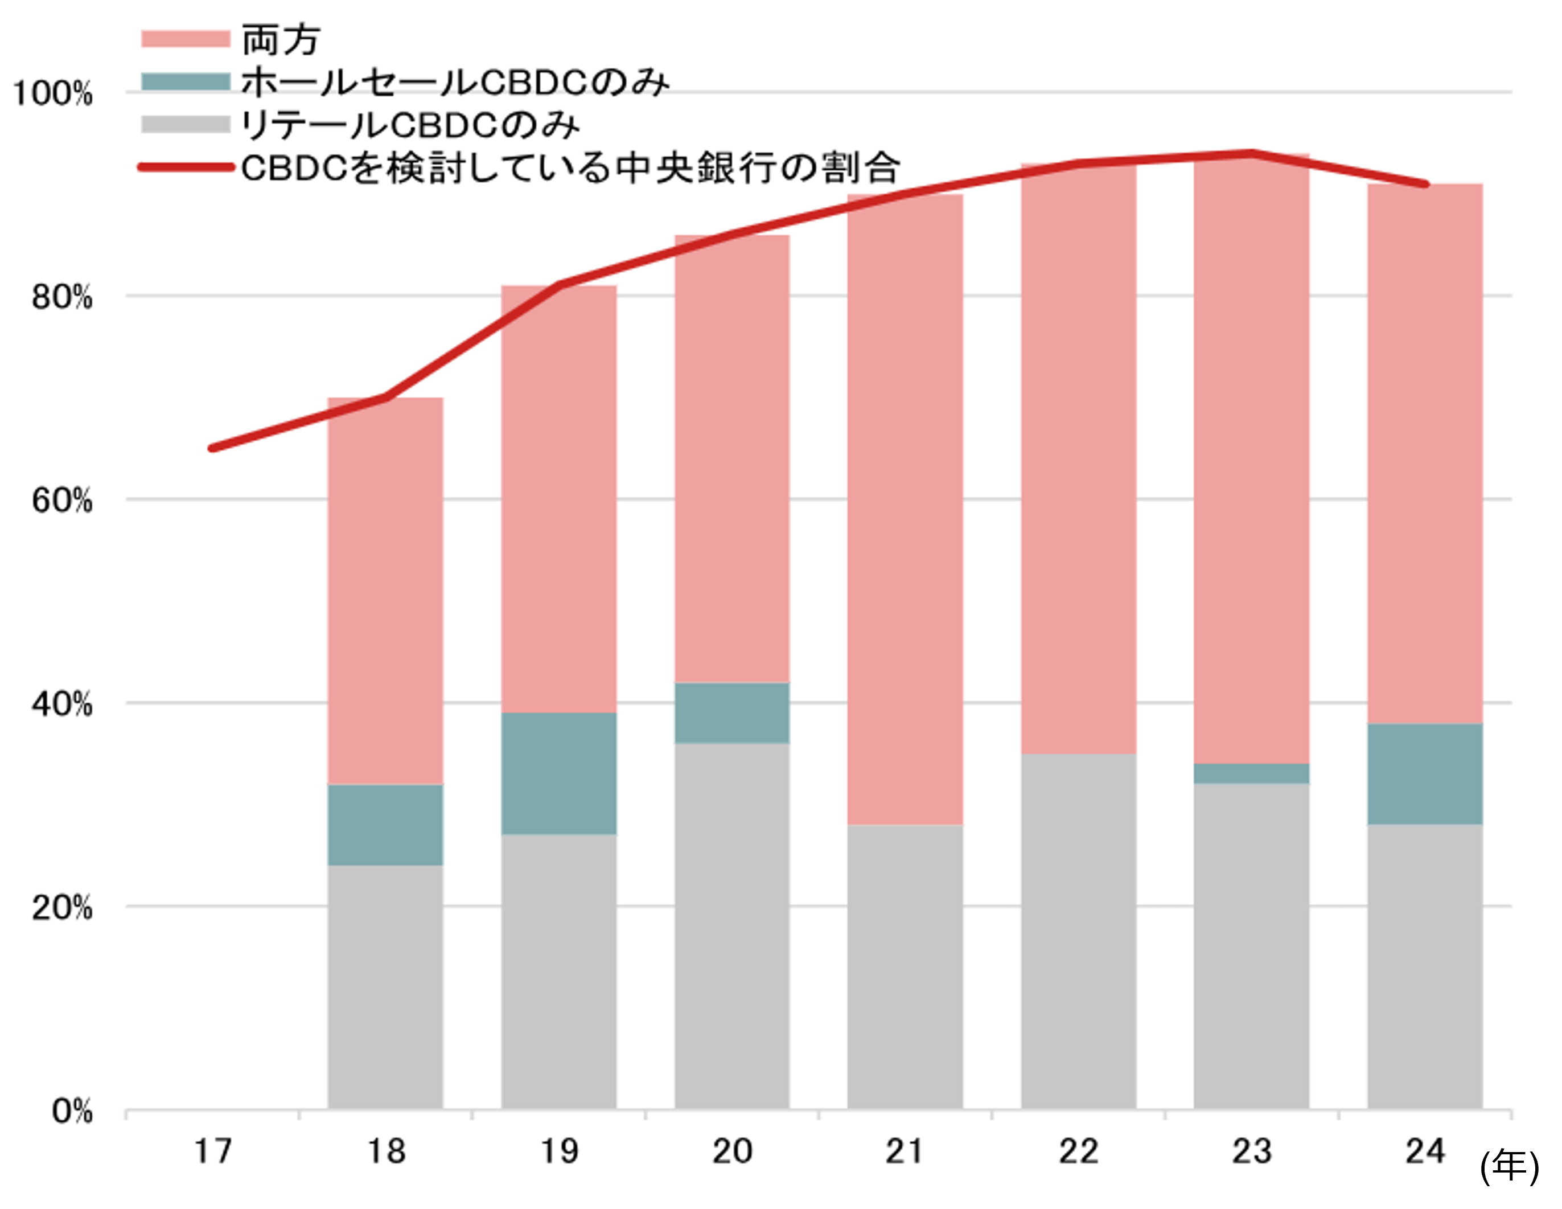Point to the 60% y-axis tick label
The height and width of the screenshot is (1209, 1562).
point(62,501)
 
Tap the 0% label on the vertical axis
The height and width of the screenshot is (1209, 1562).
point(72,1112)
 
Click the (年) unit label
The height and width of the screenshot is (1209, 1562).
point(1509,1167)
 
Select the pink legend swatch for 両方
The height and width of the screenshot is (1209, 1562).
point(185,39)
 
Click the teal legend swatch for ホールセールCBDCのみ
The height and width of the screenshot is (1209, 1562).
point(185,81)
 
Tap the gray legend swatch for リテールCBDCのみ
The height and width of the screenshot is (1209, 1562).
point(185,125)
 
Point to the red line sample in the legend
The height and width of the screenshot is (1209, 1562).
point(185,168)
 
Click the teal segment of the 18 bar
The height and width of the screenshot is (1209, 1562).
point(385,825)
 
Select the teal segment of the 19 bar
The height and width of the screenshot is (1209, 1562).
point(558,773)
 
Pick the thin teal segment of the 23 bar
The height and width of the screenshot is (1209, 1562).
point(1252,773)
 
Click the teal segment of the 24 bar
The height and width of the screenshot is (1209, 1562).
point(1425,774)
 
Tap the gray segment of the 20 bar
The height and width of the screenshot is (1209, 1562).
point(731,927)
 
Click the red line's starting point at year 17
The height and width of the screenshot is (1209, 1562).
point(212,449)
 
